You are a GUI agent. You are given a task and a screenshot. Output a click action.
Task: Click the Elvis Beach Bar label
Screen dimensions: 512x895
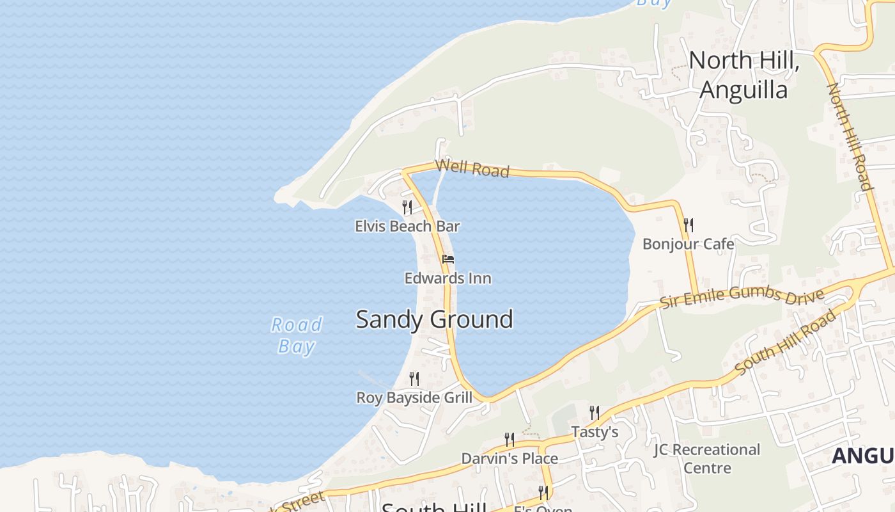click(x=407, y=226)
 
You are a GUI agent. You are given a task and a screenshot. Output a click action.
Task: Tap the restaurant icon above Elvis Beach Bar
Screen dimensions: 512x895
click(x=407, y=207)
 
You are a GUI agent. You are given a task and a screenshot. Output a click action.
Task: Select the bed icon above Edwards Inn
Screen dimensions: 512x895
click(x=448, y=259)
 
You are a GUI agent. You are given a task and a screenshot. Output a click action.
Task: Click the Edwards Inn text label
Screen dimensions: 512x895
click(x=447, y=278)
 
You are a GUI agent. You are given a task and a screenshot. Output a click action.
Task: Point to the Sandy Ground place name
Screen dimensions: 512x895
click(x=434, y=319)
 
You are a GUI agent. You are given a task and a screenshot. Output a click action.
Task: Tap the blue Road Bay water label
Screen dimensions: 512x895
click(x=297, y=335)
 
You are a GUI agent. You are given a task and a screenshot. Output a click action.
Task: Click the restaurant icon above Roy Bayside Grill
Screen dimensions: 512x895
click(x=414, y=379)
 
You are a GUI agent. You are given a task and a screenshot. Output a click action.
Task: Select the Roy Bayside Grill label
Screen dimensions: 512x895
click(x=414, y=397)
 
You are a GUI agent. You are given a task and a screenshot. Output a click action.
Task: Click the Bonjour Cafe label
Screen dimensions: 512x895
click(x=688, y=244)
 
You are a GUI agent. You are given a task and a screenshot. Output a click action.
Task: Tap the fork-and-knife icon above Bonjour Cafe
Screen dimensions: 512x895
click(x=688, y=225)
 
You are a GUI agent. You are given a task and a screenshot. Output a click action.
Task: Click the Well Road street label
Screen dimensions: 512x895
click(x=472, y=168)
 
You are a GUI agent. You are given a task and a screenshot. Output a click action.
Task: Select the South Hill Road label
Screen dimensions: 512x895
click(x=786, y=343)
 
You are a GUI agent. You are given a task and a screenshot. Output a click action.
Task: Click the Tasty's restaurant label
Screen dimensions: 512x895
click(x=595, y=432)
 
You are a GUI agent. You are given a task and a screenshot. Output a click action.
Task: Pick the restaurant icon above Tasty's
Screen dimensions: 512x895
click(x=595, y=413)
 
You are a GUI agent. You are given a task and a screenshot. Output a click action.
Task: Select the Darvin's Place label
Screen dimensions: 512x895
click(x=510, y=458)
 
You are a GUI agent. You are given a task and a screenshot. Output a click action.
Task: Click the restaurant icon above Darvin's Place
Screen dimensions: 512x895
click(x=510, y=440)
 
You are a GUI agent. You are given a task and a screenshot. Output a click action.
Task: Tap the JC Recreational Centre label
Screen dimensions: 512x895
click(x=707, y=458)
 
